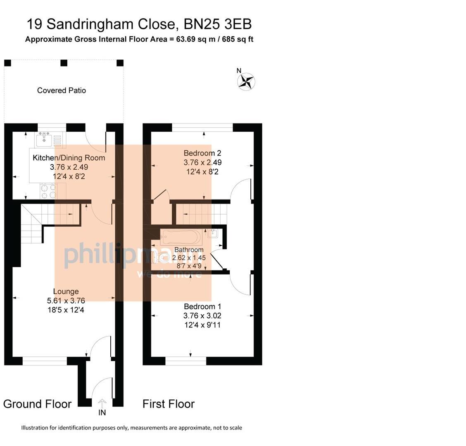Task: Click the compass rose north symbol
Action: click(x=246, y=81)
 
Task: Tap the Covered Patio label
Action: click(x=62, y=90)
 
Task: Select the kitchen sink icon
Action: click(x=44, y=140)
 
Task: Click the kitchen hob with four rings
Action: click(x=48, y=191)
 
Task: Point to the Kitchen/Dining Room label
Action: click(x=69, y=158)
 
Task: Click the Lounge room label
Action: click(x=66, y=292)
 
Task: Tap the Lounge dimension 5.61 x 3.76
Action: click(x=66, y=301)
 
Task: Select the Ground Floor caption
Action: click(x=37, y=404)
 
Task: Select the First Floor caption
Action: click(x=169, y=404)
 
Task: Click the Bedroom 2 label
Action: click(x=202, y=153)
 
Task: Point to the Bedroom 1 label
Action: click(x=202, y=306)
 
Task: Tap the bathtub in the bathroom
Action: click(x=181, y=237)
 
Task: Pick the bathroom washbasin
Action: click(x=213, y=234)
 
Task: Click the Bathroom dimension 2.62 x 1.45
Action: click(x=189, y=258)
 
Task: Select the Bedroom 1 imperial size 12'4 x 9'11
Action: click(x=202, y=325)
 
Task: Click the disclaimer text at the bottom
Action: click(x=131, y=428)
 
